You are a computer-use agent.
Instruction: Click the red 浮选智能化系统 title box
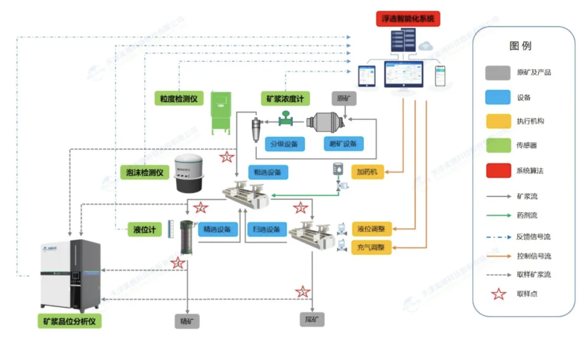[408, 19]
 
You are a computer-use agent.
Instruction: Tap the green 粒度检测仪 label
[179, 99]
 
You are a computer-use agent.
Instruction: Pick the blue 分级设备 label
[285, 144]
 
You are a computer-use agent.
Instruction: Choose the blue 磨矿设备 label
[343, 144]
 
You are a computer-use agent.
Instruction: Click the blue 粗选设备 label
[268, 172]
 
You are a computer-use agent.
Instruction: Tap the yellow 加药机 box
[368, 172]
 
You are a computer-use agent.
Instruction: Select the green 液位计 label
[144, 230]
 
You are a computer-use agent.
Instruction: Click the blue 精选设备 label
[218, 229]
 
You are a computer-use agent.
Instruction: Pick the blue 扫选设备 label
[267, 229]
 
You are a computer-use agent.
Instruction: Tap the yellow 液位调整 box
[371, 229]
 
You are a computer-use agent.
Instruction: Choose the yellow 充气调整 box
[371, 247]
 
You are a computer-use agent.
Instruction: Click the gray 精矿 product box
[187, 322]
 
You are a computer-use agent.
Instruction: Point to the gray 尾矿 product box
[312, 320]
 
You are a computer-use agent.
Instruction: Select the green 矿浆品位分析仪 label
[69, 322]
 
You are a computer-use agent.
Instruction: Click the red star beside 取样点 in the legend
[499, 294]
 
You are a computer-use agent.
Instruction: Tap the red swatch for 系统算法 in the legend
[498, 170]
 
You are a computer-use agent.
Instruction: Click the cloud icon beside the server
[426, 45]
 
